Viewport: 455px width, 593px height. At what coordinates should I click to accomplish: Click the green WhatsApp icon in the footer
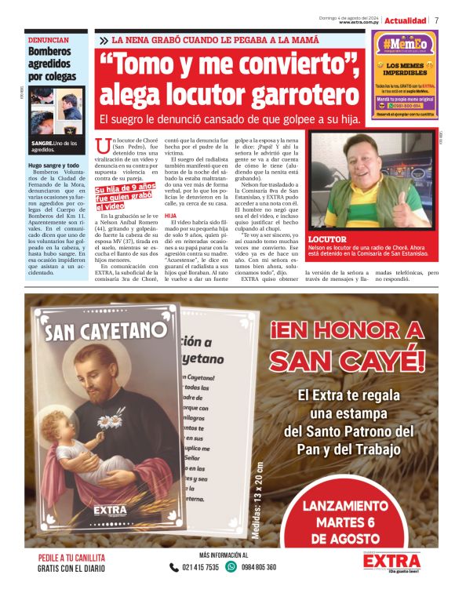click(x=231, y=566)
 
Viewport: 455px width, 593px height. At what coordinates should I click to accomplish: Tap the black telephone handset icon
click(x=174, y=566)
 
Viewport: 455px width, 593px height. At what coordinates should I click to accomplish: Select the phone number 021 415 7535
click(x=200, y=566)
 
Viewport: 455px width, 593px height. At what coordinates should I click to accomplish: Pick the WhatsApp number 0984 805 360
click(x=260, y=566)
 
